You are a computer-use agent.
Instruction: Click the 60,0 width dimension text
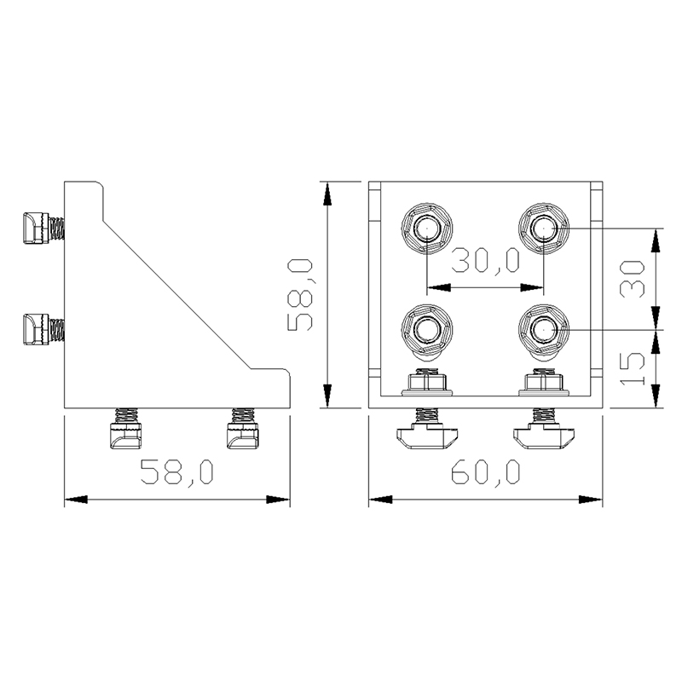click(485, 471)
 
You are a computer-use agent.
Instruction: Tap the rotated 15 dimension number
click(632, 367)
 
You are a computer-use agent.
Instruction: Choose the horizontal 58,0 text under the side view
click(177, 471)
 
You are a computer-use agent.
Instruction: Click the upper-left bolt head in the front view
click(425, 228)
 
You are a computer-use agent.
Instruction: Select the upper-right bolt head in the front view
click(544, 228)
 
